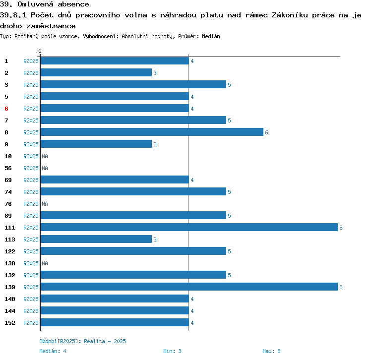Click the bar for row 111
[188, 228]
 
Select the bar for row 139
[188, 287]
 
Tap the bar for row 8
[152, 132]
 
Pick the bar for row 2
[96, 73]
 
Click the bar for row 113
[96, 240]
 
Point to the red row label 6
[6, 109]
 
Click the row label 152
[10, 323]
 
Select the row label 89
[8, 216]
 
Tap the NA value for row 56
[45, 168]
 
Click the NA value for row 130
[45, 263]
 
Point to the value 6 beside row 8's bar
[266, 132]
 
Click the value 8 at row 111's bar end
[341, 228]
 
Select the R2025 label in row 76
[31, 204]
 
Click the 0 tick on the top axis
[40, 51]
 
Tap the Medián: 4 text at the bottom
[53, 351]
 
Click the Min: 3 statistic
[172, 351]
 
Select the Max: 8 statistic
[271, 351]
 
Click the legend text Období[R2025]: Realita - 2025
[82, 341]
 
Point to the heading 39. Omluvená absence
[45, 4]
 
